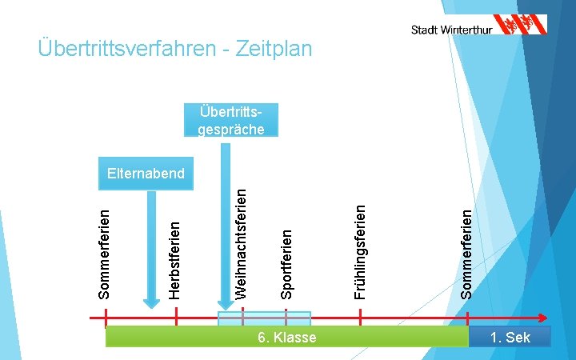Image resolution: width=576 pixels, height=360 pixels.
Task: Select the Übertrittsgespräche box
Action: pyautogui.click(x=231, y=119)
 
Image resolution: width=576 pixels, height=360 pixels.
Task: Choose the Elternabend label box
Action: pyautogui.click(x=146, y=173)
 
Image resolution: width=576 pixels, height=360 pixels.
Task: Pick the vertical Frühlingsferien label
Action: pyautogui.click(x=361, y=250)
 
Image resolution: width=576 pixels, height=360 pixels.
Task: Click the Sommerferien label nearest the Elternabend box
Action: pyautogui.click(x=104, y=253)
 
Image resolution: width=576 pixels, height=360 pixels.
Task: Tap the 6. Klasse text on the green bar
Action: pyautogui.click(x=287, y=338)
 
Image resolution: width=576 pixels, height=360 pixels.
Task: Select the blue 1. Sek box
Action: pyautogui.click(x=510, y=338)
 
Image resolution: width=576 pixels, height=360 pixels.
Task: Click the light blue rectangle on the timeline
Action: pyautogui.click(x=264, y=318)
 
